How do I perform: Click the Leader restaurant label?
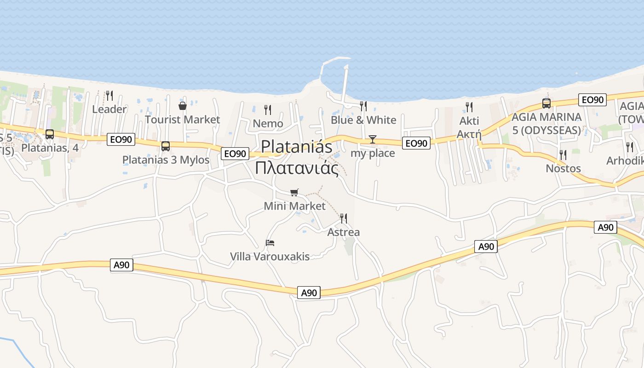(x=109, y=109)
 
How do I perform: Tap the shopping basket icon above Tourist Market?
(x=183, y=106)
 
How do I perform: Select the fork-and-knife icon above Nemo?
(x=268, y=109)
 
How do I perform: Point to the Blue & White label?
(x=363, y=120)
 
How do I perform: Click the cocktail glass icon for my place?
(x=373, y=139)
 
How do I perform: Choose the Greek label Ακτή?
(x=469, y=134)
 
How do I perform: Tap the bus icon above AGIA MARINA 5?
(x=546, y=103)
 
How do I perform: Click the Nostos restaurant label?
(x=563, y=168)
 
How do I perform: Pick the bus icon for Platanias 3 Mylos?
(x=166, y=146)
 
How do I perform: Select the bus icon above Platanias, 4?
(x=50, y=134)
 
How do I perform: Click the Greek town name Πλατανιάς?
(x=297, y=168)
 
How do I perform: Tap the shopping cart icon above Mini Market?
(x=294, y=192)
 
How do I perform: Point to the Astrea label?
(x=343, y=232)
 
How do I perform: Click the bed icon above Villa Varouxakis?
(x=270, y=242)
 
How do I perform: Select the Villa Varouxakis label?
(x=270, y=256)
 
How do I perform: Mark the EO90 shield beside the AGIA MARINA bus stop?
(x=592, y=100)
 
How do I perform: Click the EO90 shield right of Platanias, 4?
(x=121, y=139)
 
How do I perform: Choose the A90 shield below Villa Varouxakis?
(x=308, y=293)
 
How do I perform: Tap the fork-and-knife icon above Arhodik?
(x=629, y=147)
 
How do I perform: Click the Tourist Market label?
(x=183, y=120)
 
